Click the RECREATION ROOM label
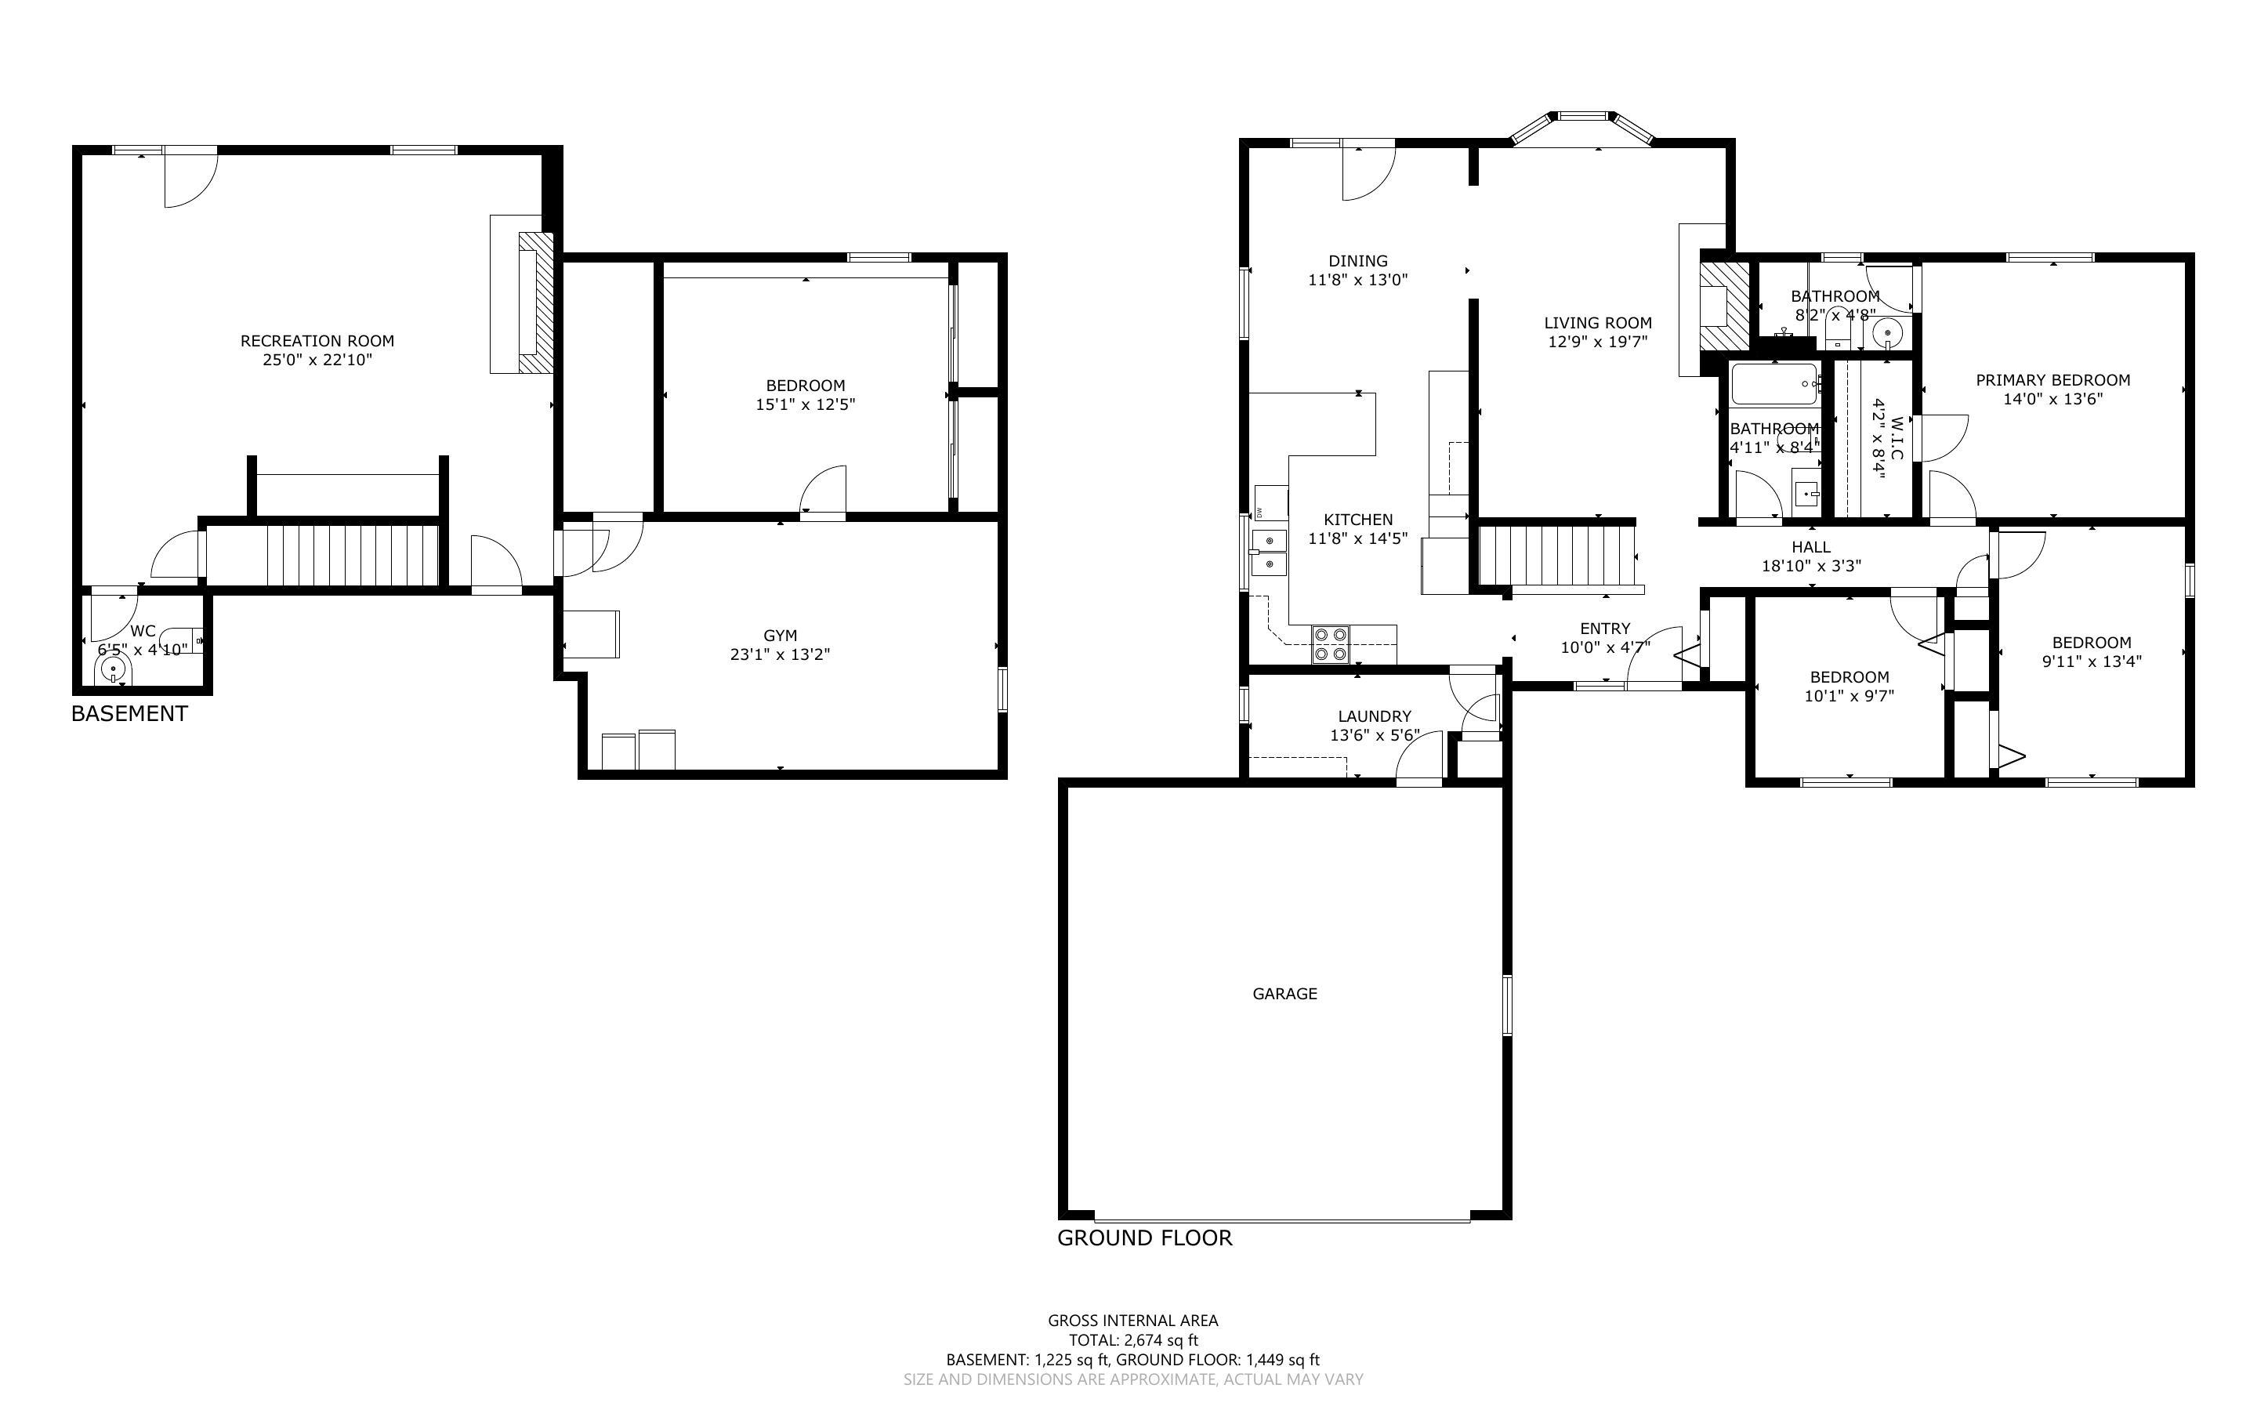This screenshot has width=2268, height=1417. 317,341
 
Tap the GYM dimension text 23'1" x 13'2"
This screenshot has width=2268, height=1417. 780,654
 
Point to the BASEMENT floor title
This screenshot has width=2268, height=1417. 129,713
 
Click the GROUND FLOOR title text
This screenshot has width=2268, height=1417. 1144,1238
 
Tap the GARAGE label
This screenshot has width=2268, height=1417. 1284,994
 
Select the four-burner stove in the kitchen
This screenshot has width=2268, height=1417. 1330,643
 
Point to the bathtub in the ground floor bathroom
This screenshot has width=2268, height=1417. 1773,384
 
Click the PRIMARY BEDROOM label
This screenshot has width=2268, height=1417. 2052,379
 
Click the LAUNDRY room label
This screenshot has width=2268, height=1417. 1375,716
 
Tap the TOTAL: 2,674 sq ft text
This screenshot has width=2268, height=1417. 1132,1340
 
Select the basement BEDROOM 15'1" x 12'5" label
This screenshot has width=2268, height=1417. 805,385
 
